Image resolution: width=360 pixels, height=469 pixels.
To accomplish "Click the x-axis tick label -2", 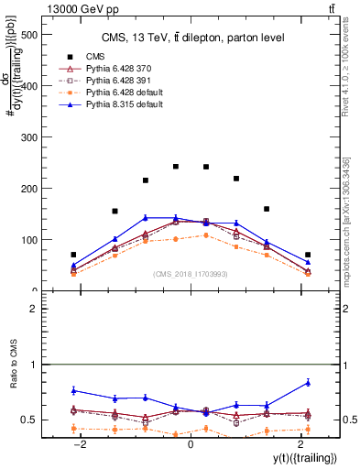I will click(x=80, y=442).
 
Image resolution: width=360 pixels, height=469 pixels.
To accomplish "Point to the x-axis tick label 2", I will click(x=300, y=442).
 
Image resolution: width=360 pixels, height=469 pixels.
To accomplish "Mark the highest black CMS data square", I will click(x=176, y=167).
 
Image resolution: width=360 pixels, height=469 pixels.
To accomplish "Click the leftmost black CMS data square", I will click(x=73, y=255).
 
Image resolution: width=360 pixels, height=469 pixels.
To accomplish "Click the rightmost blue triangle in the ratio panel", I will click(x=308, y=382).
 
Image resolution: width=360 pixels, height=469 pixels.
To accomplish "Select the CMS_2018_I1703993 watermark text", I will click(x=191, y=273).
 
